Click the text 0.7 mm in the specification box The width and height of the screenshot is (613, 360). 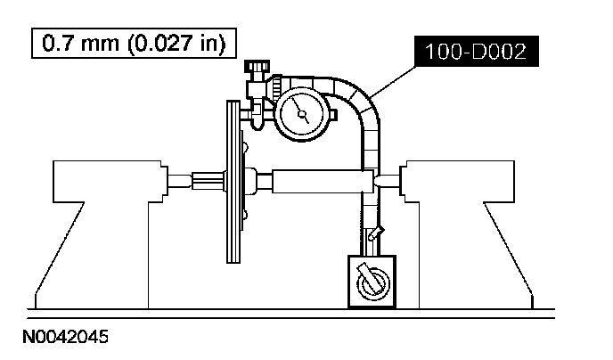[x=80, y=43]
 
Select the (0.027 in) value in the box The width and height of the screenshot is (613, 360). [x=176, y=44]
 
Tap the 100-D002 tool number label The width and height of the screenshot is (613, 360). [x=476, y=51]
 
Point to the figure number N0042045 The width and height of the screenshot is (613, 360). [x=65, y=337]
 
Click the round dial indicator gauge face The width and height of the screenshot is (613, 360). [x=302, y=114]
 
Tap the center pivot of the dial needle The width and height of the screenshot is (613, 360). [x=302, y=114]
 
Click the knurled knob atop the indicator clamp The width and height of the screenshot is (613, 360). [x=257, y=66]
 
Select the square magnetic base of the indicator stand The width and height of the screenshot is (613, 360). [x=372, y=282]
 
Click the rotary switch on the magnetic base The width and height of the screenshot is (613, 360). [x=372, y=281]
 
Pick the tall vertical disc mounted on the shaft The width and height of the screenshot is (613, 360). [x=233, y=182]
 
